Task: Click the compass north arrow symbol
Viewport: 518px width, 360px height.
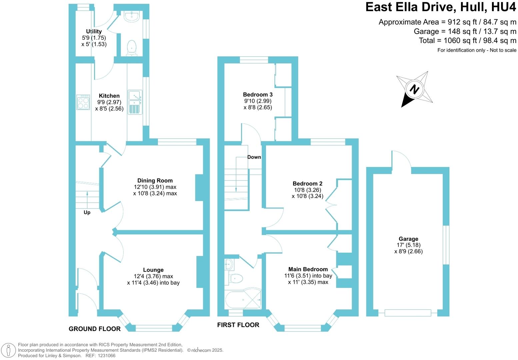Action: [414, 89]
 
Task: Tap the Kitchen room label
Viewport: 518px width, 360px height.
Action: [109, 96]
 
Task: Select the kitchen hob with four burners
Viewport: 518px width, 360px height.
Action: [83, 102]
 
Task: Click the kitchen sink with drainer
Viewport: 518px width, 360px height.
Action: [135, 102]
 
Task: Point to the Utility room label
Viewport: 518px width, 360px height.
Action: [94, 31]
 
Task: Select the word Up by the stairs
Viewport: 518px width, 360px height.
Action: [87, 212]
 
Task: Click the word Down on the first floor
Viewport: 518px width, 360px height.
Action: [254, 157]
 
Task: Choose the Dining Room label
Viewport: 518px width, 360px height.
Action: [155, 181]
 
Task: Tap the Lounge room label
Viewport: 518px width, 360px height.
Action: [153, 270]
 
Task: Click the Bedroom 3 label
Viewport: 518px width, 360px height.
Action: [258, 95]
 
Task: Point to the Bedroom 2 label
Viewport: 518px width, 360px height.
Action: [307, 184]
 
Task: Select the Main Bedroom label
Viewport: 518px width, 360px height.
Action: [308, 269]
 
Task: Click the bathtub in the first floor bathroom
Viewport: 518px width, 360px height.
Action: [243, 299]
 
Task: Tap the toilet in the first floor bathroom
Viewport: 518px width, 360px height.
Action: [236, 278]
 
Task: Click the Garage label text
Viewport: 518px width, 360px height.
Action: [408, 239]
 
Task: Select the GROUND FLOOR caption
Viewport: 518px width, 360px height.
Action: [95, 329]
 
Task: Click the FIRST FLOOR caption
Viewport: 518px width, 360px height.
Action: [238, 325]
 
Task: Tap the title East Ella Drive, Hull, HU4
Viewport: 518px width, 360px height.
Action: [440, 7]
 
